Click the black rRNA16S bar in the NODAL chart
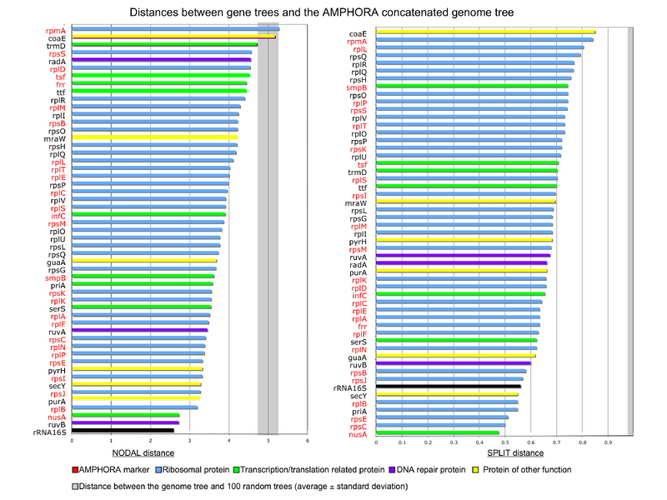coord(123,430)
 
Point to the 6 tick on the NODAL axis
coord(307,441)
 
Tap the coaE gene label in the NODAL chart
coord(57,38)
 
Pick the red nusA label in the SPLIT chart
coord(356,434)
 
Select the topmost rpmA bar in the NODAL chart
coord(176,29)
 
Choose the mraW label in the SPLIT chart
coord(355,202)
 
